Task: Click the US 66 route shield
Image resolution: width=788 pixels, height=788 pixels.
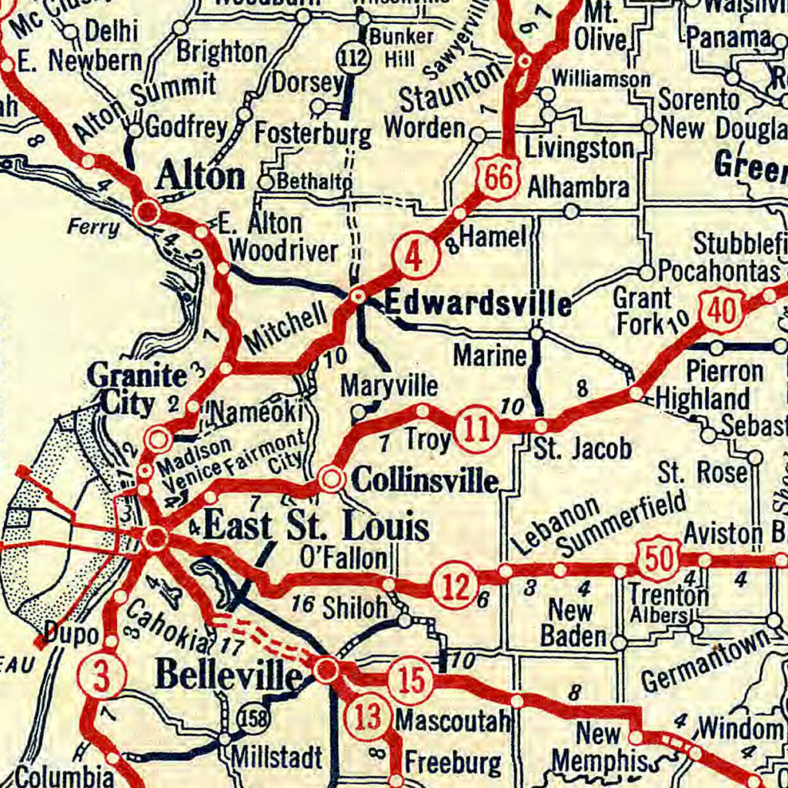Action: coord(498,179)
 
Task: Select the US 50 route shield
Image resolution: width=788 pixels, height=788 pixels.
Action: coord(659,558)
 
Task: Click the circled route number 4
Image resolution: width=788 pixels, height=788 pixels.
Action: coord(414,259)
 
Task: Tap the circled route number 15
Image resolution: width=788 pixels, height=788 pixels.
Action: coord(410,680)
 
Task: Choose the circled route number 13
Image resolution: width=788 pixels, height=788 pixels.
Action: coord(369,717)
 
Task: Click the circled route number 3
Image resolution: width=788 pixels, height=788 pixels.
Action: coord(100,675)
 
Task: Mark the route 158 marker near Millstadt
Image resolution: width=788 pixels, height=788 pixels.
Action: coord(253,717)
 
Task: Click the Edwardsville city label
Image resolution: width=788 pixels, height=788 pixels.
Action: coord(477,305)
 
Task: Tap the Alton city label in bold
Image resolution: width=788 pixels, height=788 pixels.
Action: coord(200,177)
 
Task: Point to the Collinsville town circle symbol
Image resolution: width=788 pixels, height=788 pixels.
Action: coord(332,479)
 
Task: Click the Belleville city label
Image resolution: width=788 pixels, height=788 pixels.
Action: coord(229,676)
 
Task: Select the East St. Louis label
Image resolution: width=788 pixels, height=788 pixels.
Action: coord(316,528)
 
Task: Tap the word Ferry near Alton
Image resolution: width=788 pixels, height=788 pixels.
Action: coord(93,228)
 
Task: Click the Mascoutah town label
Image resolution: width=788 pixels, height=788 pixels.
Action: coord(452,721)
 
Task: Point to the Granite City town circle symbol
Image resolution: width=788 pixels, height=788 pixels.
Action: coord(159,439)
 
